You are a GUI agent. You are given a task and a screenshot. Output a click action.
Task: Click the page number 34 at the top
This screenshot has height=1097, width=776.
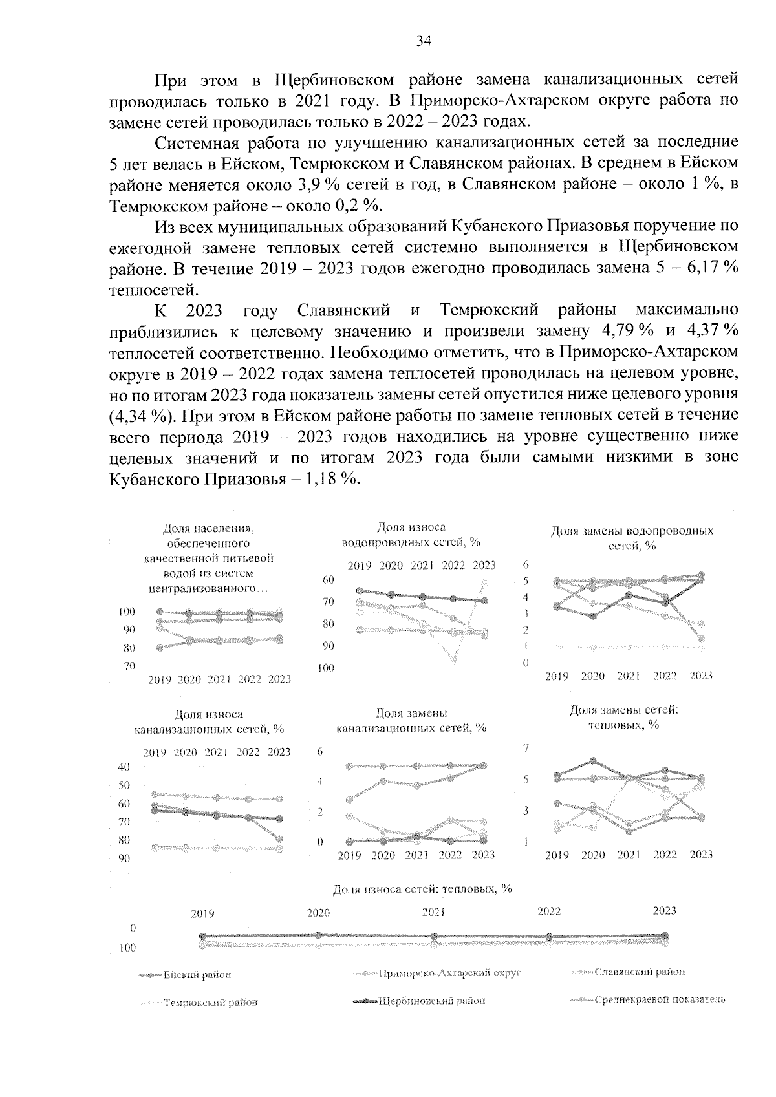pos(424,41)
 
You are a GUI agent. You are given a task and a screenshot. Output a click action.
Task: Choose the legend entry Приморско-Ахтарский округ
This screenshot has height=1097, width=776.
pos(449,972)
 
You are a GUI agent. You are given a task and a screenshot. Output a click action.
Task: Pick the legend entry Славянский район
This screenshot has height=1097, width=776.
pos(639,972)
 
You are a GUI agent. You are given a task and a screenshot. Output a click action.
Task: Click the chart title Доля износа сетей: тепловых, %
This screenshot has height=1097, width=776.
pos(422,889)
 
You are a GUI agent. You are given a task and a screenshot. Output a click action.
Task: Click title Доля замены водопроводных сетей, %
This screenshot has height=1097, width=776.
pos(632,538)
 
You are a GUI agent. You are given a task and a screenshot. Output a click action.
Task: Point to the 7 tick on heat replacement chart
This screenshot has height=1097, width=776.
pos(526,749)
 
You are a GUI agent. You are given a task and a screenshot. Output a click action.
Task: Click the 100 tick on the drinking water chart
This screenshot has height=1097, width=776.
pos(126,612)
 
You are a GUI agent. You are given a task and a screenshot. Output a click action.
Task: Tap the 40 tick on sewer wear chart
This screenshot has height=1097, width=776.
pos(123,767)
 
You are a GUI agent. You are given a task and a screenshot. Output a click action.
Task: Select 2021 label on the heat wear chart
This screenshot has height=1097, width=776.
pos(433,912)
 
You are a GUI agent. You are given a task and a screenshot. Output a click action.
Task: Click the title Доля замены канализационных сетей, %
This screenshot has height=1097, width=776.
pos(411,721)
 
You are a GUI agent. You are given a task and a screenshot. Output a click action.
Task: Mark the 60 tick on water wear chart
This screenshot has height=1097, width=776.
pos(328,580)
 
